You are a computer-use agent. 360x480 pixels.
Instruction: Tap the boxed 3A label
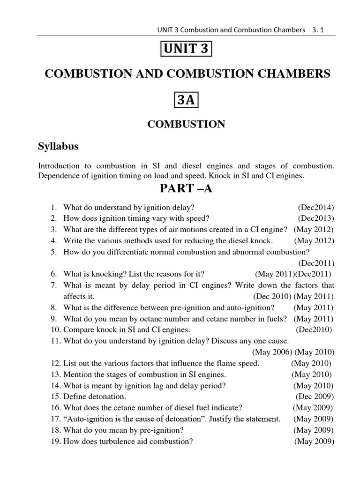tap(187, 100)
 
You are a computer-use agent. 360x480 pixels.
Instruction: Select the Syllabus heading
tap(58, 146)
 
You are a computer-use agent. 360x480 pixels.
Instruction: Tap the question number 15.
tap(55, 396)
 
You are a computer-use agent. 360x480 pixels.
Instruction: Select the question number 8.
tap(54, 307)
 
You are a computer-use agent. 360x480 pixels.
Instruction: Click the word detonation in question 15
tap(105, 396)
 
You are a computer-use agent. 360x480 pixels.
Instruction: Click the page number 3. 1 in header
tap(317, 30)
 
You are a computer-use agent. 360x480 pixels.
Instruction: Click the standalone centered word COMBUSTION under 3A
tap(186, 124)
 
